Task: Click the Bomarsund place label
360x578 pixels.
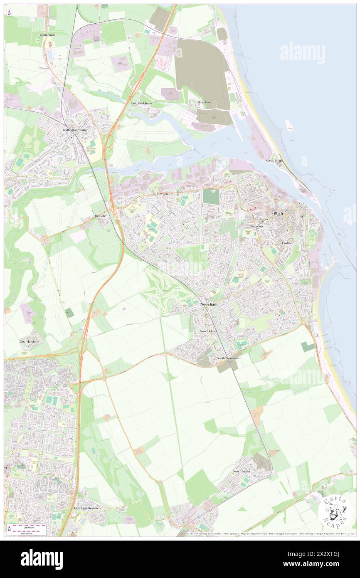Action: (x=47, y=35)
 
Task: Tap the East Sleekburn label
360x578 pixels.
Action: (x=140, y=103)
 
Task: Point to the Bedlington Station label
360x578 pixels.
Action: (x=76, y=130)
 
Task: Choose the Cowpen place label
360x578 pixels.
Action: (x=162, y=194)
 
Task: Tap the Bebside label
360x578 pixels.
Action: (x=100, y=216)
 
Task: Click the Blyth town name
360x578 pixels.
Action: (x=278, y=214)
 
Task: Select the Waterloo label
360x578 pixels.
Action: (x=257, y=226)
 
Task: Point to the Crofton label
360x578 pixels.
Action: (x=287, y=243)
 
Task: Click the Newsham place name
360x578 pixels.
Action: (x=209, y=305)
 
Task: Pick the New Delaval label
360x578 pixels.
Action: (x=209, y=331)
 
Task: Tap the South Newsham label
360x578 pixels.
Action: (x=228, y=358)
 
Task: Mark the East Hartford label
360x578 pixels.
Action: (x=29, y=341)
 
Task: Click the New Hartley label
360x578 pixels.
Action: (x=242, y=471)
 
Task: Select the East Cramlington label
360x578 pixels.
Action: (x=86, y=508)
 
